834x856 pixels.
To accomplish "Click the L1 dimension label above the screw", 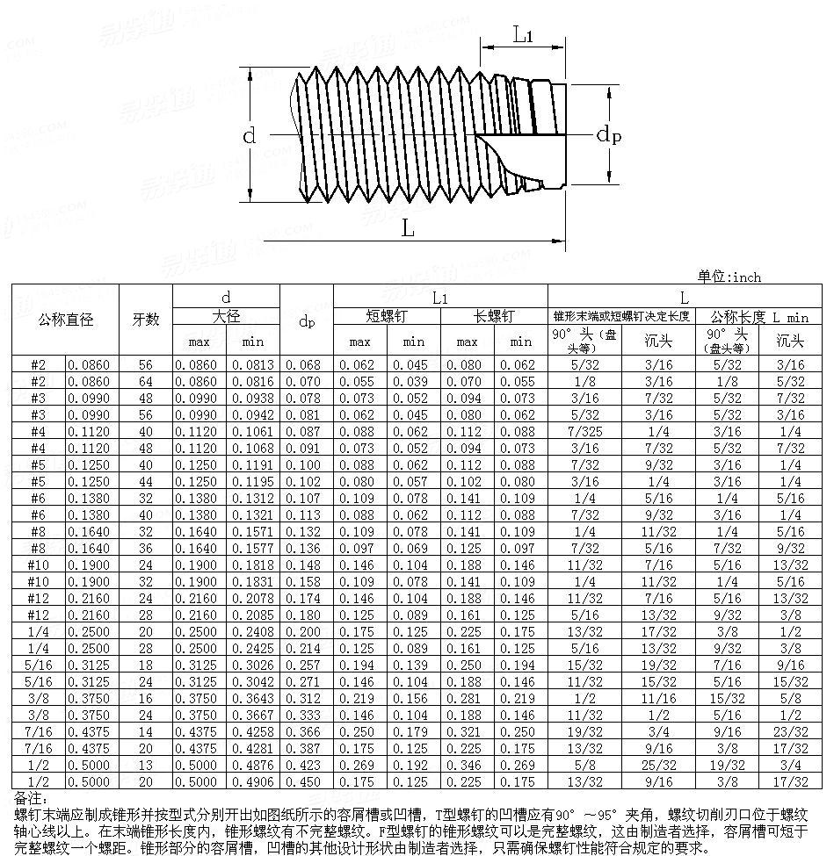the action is pos(524,36).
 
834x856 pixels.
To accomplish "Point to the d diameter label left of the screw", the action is pos(250,135).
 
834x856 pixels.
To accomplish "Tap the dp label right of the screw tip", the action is pos(608,134).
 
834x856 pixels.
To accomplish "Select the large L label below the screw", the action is pos(408,228).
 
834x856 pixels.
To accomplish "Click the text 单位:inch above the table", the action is pos(729,277).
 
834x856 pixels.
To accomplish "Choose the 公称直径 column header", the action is pos(65,320).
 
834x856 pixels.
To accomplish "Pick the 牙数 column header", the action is pos(146,320).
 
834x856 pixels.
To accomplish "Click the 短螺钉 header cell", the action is pos(387,316).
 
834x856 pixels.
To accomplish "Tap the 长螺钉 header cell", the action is pos(494,316).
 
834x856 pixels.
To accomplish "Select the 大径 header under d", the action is pos(226,316).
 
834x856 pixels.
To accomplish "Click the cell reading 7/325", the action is pos(584,431).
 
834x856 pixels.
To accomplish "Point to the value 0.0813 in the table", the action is pos(253,364).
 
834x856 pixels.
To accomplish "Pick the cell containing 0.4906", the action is pos(253,781).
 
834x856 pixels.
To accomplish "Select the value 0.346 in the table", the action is pos(468,765).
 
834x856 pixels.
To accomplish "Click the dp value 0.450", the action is pos(307,781).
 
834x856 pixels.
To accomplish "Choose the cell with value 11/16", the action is pos(658,698).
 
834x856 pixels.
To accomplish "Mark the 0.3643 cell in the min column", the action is pos(253,698).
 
